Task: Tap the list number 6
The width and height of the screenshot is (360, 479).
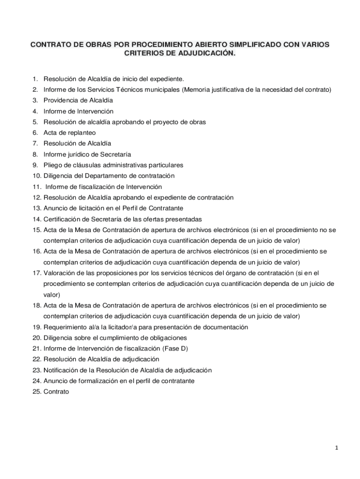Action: [35, 133]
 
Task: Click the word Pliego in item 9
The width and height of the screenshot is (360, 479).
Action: [53, 165]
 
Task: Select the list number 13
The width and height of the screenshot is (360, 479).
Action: [37, 208]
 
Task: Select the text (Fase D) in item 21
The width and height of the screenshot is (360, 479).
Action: [175, 348]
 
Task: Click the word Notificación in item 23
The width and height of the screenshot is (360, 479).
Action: [62, 370]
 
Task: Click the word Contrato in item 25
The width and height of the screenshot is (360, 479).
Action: [56, 392]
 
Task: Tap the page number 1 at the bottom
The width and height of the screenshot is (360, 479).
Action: [336, 448]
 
